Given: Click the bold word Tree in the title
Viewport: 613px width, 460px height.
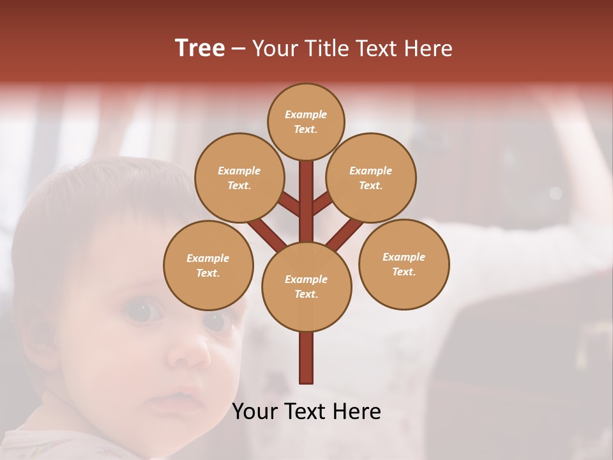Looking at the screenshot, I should (200, 48).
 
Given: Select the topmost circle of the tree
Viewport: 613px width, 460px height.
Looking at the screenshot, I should (306, 121).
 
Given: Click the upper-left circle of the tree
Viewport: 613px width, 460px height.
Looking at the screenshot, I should (239, 178).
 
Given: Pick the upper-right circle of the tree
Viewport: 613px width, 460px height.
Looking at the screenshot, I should (371, 178).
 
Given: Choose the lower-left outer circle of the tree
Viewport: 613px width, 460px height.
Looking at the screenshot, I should (208, 265).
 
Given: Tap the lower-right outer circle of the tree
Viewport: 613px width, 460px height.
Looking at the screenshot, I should (404, 264).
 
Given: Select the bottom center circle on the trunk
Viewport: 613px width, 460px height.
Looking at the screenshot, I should (306, 287).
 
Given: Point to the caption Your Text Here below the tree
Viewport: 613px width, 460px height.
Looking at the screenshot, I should (306, 411).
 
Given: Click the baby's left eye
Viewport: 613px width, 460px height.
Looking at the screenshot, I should (143, 311).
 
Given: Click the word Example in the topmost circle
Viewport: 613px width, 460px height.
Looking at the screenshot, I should (306, 114).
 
